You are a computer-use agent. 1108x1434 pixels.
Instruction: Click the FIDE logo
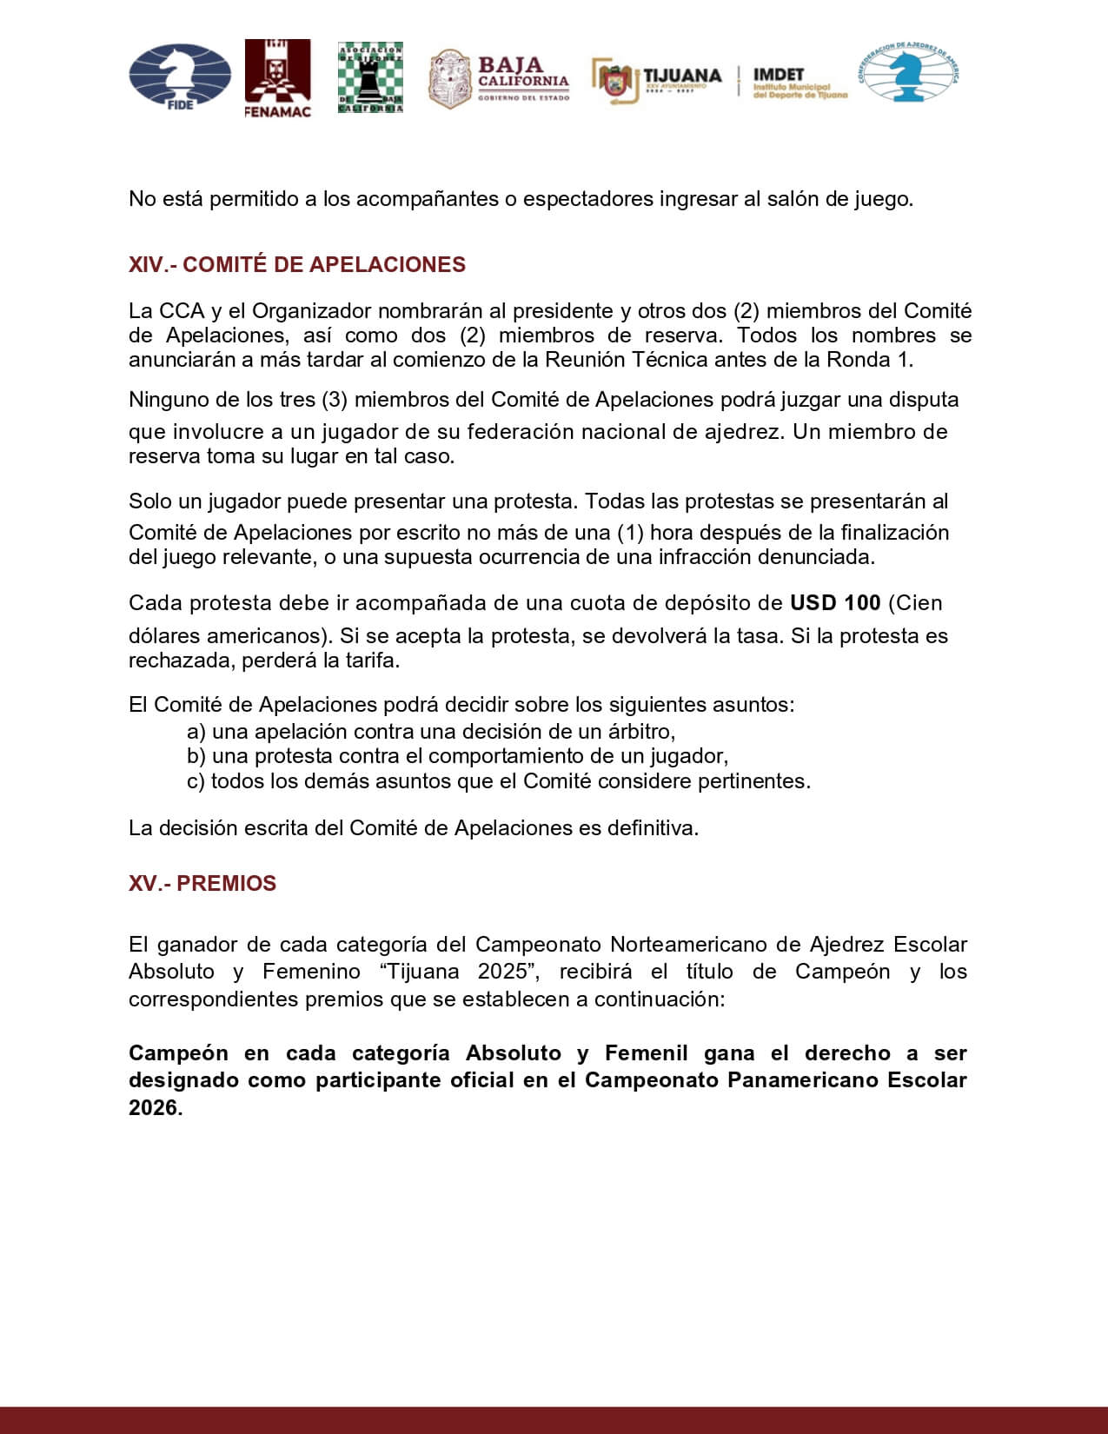pyautogui.click(x=180, y=76)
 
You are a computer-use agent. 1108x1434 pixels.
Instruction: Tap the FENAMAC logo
pyautogui.click(x=277, y=78)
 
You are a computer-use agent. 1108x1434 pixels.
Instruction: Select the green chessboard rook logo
pyautogui.click(x=370, y=77)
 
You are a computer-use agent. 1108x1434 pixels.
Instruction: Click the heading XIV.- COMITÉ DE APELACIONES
pyautogui.click(x=297, y=265)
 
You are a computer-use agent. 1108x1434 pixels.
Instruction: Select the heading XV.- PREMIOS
pyautogui.click(x=202, y=884)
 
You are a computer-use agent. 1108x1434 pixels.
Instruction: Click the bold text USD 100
pyautogui.click(x=835, y=603)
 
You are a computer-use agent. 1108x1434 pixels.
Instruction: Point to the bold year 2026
pyautogui.click(x=153, y=1108)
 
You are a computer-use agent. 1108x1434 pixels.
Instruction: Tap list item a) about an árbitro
pyautogui.click(x=431, y=731)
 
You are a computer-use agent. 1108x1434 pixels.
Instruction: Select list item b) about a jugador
pyautogui.click(x=457, y=756)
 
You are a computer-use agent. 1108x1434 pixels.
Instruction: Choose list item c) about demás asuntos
pyautogui.click(x=498, y=781)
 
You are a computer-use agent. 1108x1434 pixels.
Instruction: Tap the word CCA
pyautogui.click(x=182, y=311)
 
